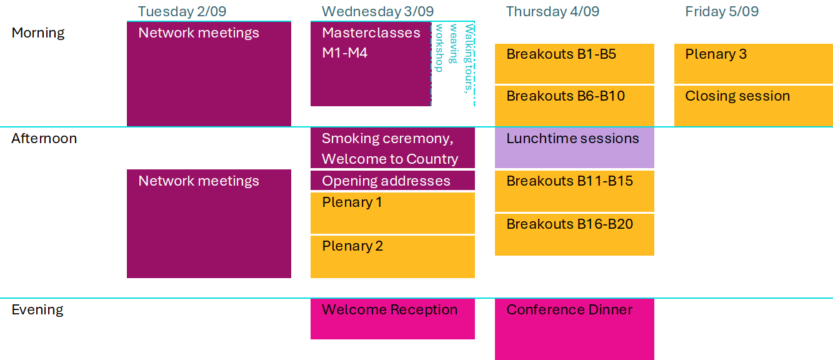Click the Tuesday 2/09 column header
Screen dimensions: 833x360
tap(182, 11)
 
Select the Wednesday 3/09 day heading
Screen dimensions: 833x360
tap(377, 11)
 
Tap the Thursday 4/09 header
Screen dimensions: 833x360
tap(552, 11)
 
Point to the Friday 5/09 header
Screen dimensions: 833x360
tap(722, 11)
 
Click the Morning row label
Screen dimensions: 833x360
tap(38, 32)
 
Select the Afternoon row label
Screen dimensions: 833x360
tap(44, 138)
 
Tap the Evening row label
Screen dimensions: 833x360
tap(37, 310)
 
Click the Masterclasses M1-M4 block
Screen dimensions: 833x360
tap(371, 64)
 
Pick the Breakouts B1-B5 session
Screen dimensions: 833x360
tap(574, 64)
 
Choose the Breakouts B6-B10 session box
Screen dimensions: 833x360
tap(574, 106)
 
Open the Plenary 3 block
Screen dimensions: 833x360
tap(754, 64)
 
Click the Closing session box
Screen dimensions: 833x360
tap(754, 106)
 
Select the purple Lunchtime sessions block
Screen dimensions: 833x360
tap(574, 147)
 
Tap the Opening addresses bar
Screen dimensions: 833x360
tap(392, 181)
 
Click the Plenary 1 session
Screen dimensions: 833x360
tap(392, 212)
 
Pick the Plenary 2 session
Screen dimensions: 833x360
tap(392, 257)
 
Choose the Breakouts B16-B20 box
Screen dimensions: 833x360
tap(574, 234)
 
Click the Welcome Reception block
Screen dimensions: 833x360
tap(392, 319)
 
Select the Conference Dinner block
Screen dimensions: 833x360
tap(574, 329)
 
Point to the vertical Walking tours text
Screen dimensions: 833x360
tap(469, 58)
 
